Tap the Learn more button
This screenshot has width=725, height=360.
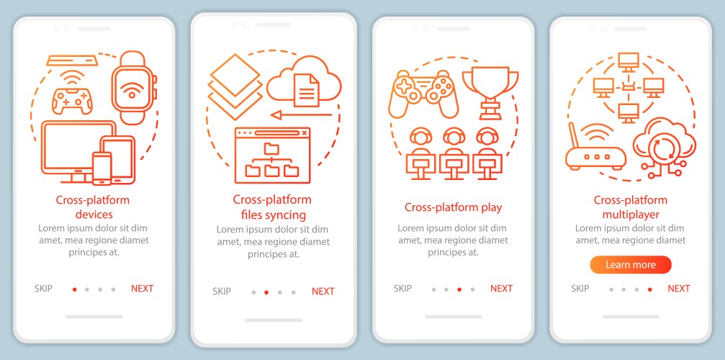point(630,265)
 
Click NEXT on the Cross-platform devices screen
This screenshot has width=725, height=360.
point(142,289)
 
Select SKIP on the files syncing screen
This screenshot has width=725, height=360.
point(222,292)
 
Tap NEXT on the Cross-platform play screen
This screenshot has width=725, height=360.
point(501,289)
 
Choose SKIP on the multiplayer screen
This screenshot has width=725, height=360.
point(580,289)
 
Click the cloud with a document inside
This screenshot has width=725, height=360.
point(304,82)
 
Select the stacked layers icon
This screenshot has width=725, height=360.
point(236,88)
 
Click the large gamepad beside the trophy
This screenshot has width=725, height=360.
point(423,94)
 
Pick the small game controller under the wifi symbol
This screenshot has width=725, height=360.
point(72,100)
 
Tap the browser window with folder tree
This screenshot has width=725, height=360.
point(272,156)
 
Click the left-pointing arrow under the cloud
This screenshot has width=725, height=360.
point(302,114)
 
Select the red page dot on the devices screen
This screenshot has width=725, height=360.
point(74,289)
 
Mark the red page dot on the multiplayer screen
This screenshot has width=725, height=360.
point(649,289)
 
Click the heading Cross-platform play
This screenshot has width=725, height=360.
point(453,207)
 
